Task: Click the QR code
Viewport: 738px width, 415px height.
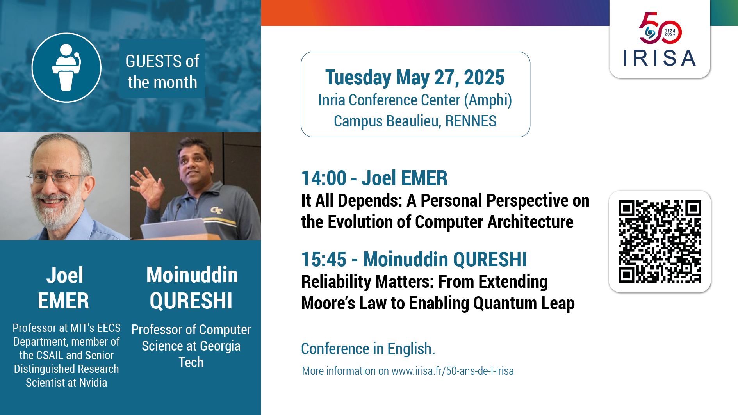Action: pyautogui.click(x=660, y=241)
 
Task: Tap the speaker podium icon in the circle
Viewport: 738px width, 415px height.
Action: pyautogui.click(x=66, y=67)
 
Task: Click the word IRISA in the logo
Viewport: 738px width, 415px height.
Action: pyautogui.click(x=660, y=58)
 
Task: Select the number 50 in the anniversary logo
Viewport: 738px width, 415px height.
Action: pyautogui.click(x=660, y=28)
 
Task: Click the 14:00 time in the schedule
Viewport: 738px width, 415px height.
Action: pyautogui.click(x=324, y=178)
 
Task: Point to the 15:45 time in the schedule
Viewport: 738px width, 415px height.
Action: pyautogui.click(x=324, y=259)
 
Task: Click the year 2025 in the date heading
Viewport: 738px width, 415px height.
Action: pyautogui.click(x=484, y=77)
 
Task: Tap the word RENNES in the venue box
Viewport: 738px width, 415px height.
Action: pyautogui.click(x=471, y=121)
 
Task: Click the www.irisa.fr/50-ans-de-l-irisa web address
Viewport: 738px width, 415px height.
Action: pyautogui.click(x=453, y=371)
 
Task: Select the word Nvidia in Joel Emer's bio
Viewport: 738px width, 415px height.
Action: pyautogui.click(x=93, y=383)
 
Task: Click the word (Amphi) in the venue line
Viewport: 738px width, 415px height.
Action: pyautogui.click(x=488, y=100)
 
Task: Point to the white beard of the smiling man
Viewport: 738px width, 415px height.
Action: pyautogui.click(x=59, y=211)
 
